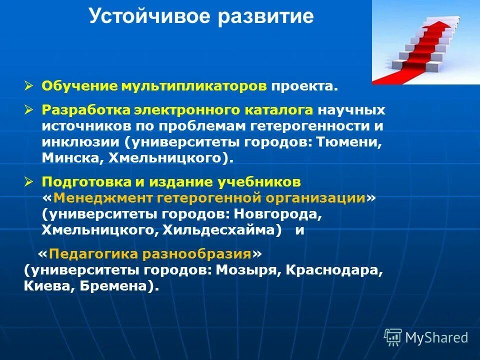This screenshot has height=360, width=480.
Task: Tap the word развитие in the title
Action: click(x=266, y=16)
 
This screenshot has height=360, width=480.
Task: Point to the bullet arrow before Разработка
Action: click(x=29, y=109)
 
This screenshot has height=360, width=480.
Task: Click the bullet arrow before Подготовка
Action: click(x=29, y=181)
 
